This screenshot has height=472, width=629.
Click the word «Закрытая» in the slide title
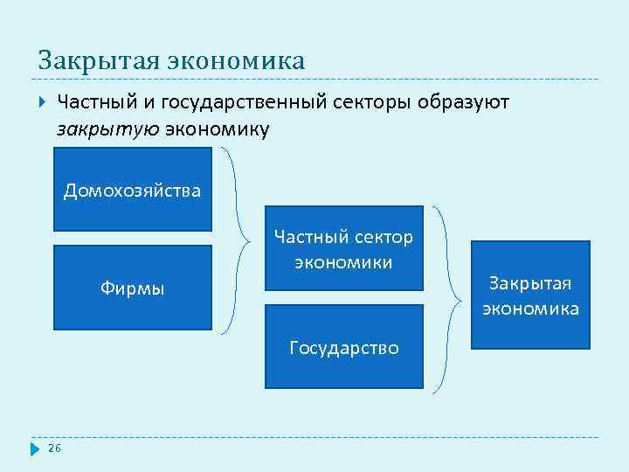coord(94,61)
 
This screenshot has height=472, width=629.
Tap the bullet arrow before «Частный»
coord(41,102)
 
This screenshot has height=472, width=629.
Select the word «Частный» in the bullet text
coord(93,102)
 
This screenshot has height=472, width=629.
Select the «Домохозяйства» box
coord(133,189)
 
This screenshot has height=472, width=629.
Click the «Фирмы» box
coord(133,288)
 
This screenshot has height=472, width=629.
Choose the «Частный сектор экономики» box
coord(343,248)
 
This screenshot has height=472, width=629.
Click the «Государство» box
coord(343,347)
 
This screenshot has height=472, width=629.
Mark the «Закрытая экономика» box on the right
coord(530,295)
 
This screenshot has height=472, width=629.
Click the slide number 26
coord(54,448)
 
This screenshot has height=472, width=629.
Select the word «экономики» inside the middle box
coord(343,262)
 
